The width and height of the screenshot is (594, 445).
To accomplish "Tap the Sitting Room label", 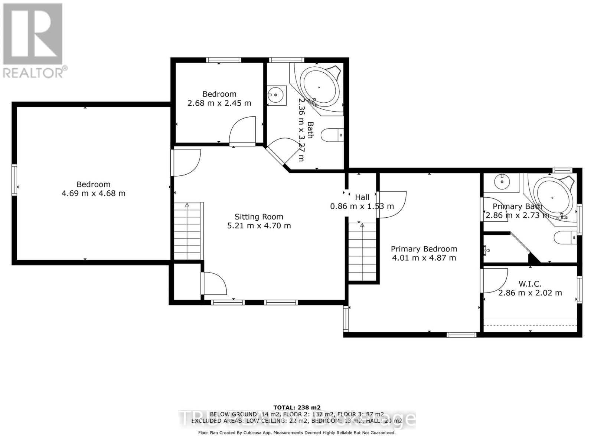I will pyautogui.click(x=259, y=217).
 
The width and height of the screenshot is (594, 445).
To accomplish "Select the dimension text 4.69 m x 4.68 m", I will pyautogui.click(x=94, y=193).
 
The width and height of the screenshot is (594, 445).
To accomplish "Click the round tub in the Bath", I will pyautogui.click(x=319, y=88).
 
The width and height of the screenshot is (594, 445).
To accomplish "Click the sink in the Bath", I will pyautogui.click(x=277, y=95).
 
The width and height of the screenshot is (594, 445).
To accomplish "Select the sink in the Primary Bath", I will pyautogui.click(x=502, y=182).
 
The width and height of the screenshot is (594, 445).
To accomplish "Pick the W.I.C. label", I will pyautogui.click(x=530, y=284).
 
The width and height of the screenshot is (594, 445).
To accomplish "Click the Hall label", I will pyautogui.click(x=362, y=197).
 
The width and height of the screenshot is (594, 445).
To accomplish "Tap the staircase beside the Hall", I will pyautogui.click(x=362, y=252).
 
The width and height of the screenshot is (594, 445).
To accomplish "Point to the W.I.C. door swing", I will pyautogui.click(x=495, y=280).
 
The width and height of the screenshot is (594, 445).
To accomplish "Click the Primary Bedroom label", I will pyautogui.click(x=424, y=249).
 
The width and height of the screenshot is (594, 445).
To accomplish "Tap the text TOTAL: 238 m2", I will pyautogui.click(x=297, y=407).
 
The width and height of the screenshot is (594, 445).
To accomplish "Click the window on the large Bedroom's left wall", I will pyautogui.click(x=14, y=180).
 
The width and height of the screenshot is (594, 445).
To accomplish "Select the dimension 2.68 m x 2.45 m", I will pyautogui.click(x=219, y=103).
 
